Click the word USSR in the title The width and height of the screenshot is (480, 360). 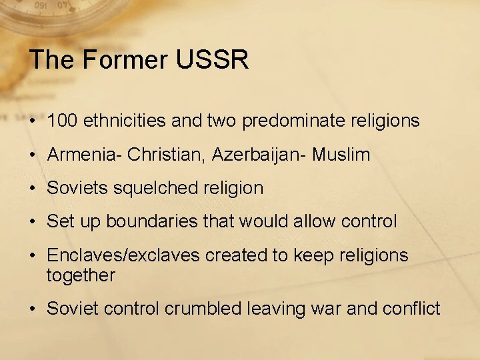point(213,60)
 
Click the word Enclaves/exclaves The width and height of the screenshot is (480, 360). point(123,255)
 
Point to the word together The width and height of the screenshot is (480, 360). point(81,275)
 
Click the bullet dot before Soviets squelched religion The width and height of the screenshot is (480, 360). point(33,189)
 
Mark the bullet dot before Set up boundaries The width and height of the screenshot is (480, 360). point(33,222)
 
